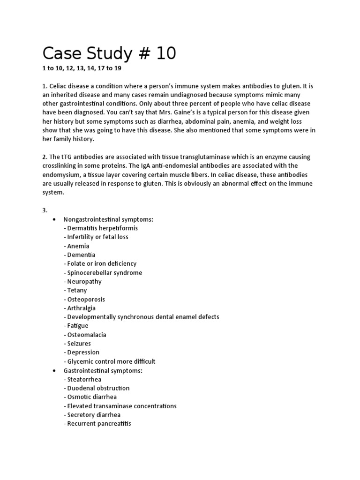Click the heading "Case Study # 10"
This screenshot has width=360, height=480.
pos(109,53)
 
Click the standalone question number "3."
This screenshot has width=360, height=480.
pos(45,210)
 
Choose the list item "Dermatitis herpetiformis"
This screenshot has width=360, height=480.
pos(102,228)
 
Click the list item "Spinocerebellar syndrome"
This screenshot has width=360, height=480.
pos(105,273)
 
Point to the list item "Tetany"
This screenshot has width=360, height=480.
pos(77,290)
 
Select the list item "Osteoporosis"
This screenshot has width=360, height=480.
pos(86,299)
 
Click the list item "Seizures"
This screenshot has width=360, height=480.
pos(79,344)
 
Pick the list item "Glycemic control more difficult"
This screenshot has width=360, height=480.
pos(111,361)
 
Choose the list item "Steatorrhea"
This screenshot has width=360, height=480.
pos(84,379)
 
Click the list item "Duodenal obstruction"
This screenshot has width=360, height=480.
pos(98,388)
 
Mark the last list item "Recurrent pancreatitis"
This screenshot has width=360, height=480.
pos(99,424)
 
